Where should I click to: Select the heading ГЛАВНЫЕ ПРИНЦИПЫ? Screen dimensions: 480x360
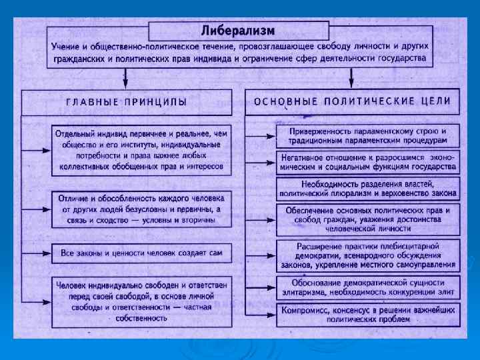(x=126, y=102)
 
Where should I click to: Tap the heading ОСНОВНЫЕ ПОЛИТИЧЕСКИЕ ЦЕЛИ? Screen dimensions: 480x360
(x=353, y=101)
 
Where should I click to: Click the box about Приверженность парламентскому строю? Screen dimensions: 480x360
(x=367, y=135)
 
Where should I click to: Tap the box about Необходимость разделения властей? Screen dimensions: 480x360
(x=367, y=189)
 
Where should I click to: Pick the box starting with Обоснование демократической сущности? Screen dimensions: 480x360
(x=367, y=287)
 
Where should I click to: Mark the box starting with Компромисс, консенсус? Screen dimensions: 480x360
(x=367, y=314)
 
